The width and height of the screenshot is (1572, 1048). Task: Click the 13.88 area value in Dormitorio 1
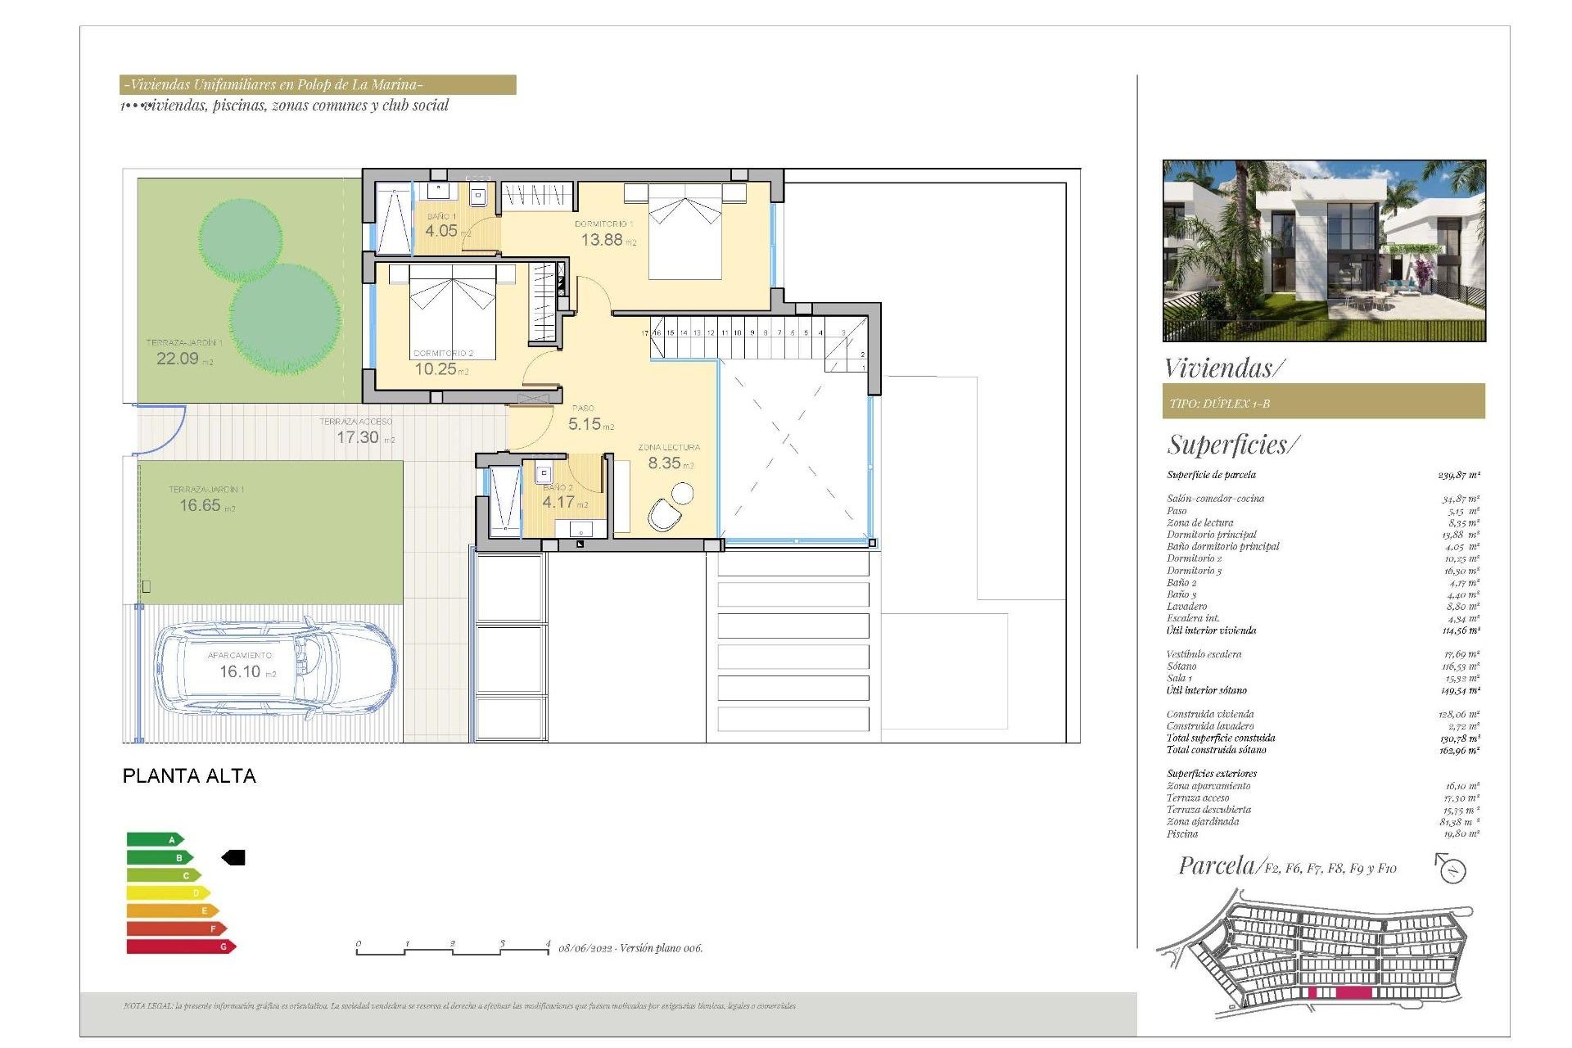point(602,240)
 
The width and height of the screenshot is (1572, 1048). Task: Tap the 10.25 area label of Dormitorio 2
point(436,369)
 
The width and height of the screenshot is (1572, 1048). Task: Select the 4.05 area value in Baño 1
point(441,231)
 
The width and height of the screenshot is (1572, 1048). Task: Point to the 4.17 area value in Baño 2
point(558,502)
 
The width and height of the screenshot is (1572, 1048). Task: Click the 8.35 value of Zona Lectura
point(664,463)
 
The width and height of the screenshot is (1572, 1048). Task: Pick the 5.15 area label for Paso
point(585,424)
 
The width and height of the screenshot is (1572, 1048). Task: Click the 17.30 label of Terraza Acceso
point(358,437)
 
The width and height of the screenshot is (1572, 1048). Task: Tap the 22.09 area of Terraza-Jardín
point(178,359)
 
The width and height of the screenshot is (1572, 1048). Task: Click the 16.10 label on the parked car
point(240,671)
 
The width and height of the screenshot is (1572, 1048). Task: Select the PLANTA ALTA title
point(189,775)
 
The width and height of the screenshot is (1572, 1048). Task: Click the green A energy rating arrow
point(155,839)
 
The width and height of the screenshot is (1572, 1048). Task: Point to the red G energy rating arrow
point(181,946)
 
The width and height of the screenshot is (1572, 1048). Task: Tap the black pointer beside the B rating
point(234,857)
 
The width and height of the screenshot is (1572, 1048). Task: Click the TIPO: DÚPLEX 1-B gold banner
point(1323,402)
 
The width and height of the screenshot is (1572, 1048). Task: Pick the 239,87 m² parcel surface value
point(1458,475)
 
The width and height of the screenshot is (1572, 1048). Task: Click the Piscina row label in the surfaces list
point(1181,833)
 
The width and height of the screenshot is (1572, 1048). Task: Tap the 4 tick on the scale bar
point(548,944)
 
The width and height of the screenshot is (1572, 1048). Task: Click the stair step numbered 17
point(644,333)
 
